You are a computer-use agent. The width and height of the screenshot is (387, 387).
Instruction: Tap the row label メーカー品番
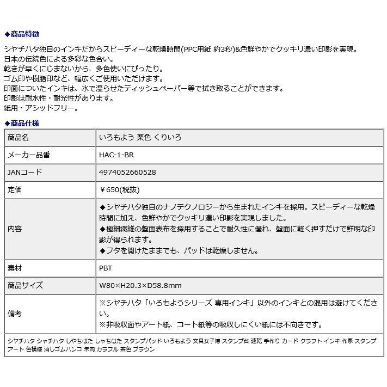(x=29, y=155)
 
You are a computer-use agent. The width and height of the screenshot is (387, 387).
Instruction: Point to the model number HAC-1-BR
(x=116, y=155)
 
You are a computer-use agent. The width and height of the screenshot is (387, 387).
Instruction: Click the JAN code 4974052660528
(x=127, y=173)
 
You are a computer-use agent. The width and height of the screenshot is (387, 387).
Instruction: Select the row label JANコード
(x=24, y=173)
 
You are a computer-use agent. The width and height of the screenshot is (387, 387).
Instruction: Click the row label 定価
(x=15, y=190)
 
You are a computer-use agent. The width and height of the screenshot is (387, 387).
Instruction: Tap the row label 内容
(x=15, y=229)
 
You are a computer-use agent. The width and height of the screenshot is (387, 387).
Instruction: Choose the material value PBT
(x=106, y=268)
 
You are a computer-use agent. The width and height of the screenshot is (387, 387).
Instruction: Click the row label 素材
(x=15, y=268)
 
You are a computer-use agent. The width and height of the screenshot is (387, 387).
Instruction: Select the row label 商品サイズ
(x=25, y=286)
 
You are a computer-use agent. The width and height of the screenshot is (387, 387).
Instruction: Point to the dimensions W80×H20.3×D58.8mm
(x=140, y=286)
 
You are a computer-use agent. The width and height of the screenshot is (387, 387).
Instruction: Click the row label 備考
(x=15, y=314)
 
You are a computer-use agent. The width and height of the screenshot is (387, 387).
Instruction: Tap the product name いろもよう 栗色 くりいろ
(x=140, y=138)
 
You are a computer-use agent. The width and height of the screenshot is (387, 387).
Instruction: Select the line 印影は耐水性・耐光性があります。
(x=59, y=99)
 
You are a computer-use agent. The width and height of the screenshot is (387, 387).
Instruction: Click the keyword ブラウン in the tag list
(x=144, y=349)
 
